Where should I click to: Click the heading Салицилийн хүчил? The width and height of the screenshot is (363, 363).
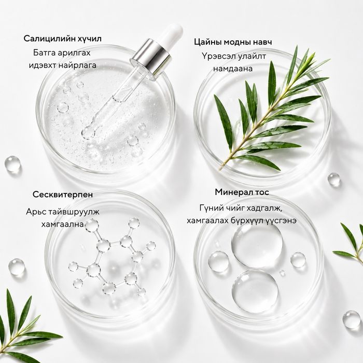[x=63, y=39]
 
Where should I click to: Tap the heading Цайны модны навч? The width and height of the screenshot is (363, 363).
[x=233, y=42]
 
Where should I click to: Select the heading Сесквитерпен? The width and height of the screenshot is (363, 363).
[x=63, y=194]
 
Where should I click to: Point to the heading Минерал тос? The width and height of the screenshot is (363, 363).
[x=242, y=192]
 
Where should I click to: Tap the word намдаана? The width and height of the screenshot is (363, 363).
[x=233, y=69]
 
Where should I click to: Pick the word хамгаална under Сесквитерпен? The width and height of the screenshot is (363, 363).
[x=63, y=225]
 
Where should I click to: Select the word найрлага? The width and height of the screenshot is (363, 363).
[x=78, y=65]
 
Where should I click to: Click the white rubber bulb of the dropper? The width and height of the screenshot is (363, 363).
[x=173, y=33]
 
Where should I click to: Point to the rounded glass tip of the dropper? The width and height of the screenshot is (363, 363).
[x=88, y=133]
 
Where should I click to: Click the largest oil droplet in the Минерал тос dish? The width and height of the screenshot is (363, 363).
[x=257, y=244]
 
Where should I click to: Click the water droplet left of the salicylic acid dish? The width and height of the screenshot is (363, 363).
[x=12, y=164]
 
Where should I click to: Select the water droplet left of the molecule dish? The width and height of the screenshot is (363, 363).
[x=17, y=268]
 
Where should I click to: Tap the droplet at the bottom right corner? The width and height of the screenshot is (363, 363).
[x=352, y=320]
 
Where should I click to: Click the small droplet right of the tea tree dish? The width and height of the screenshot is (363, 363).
[x=334, y=179]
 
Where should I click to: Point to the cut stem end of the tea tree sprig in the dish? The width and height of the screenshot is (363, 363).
[x=220, y=169]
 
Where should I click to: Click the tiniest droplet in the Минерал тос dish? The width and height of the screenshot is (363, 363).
[x=282, y=273]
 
